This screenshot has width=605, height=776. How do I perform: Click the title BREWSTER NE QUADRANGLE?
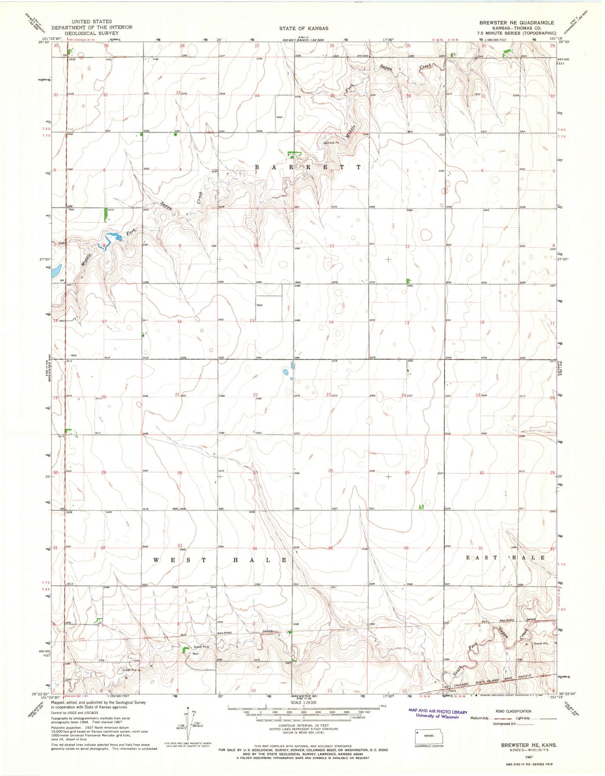click(516, 23)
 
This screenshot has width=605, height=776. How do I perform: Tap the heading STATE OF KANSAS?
click(304, 29)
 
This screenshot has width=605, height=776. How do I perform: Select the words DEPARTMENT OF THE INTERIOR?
click(92, 27)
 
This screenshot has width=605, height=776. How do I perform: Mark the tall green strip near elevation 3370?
click(105, 215)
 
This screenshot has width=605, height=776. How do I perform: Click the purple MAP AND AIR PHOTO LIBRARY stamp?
click(438, 711)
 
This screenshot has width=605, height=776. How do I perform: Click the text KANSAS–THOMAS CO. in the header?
click(517, 28)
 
